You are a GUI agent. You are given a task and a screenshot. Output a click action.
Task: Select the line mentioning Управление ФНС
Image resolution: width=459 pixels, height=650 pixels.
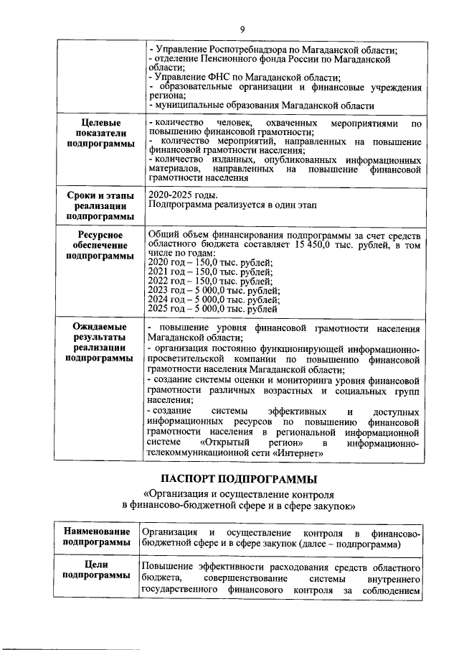(x=244, y=78)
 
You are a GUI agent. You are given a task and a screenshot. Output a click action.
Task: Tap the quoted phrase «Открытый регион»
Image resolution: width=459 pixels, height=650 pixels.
(x=235, y=444)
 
